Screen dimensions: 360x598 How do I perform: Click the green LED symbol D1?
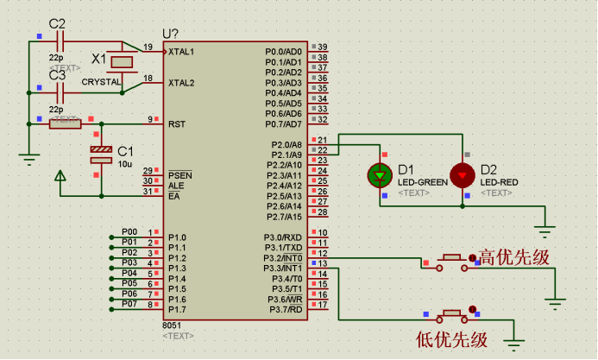click(380, 174)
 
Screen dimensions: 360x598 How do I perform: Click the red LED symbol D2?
click(463, 174)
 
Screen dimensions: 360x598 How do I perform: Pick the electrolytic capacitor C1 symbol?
click(101, 155)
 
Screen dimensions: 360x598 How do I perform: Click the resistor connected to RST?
click(65, 123)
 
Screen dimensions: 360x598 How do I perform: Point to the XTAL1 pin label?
click(181, 52)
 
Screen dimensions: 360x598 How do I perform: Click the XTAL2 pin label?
click(181, 83)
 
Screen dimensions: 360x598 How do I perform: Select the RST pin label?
click(176, 123)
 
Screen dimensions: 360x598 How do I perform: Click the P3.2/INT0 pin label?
click(283, 258)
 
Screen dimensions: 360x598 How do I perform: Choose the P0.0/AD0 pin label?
click(283, 52)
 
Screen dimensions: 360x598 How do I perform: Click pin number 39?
click(323, 47)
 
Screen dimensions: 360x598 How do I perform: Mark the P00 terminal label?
click(129, 232)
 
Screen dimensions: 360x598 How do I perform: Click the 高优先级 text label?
click(514, 257)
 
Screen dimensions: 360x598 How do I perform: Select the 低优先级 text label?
click(451, 338)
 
